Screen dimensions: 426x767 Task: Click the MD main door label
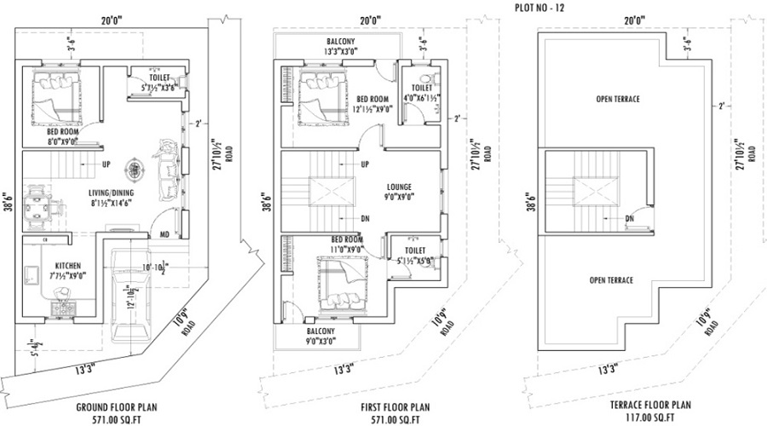[164, 233]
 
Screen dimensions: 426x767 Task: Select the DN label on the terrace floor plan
[629, 219]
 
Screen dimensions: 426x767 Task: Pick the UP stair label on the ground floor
[106, 164]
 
